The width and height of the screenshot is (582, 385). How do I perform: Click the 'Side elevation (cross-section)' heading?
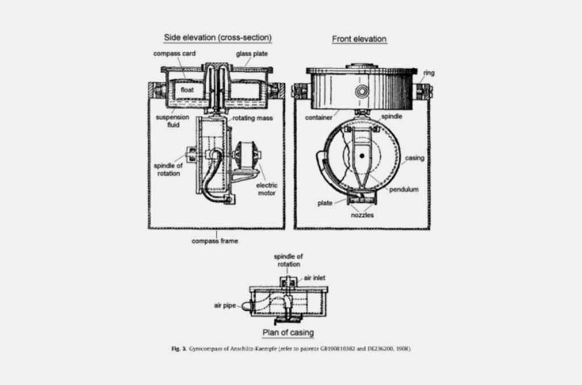[x=218, y=38]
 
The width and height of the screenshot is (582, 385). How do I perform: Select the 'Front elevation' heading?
[x=359, y=39]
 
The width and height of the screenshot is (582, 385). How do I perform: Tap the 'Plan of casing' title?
[x=288, y=332]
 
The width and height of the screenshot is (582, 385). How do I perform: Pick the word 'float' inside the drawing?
[x=188, y=90]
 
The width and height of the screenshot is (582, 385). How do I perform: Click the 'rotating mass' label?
[x=252, y=118]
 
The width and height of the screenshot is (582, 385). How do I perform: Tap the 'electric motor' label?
[x=265, y=189]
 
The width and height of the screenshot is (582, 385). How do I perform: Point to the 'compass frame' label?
[x=215, y=241]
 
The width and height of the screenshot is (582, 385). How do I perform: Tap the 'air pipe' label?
[x=226, y=305]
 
